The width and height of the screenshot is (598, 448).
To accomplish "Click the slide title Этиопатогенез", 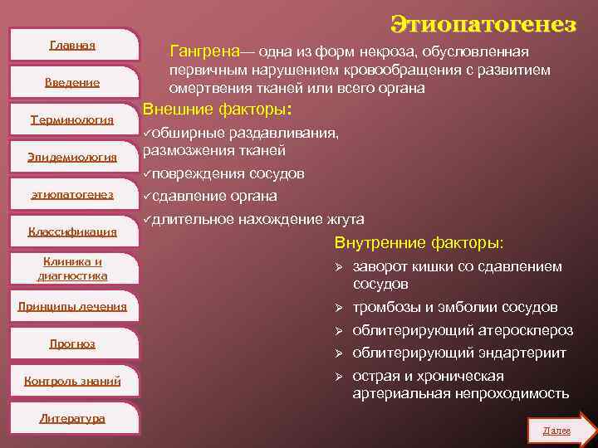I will pyautogui.click(x=483, y=25).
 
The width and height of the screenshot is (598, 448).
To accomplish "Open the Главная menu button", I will pyautogui.click(x=72, y=45).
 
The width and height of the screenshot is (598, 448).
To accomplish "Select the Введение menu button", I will pyautogui.click(x=72, y=82).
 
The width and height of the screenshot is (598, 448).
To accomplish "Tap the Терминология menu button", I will pyautogui.click(x=72, y=119).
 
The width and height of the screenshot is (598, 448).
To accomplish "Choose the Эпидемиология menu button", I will pyautogui.click(x=72, y=157).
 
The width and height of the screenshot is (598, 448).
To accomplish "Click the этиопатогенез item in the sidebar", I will pyautogui.click(x=72, y=195).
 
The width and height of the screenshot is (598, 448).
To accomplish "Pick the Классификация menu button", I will pyautogui.click(x=72, y=232).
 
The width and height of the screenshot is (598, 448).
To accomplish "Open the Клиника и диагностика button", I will pyautogui.click(x=72, y=269).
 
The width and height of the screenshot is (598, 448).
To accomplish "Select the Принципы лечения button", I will pyautogui.click(x=72, y=306).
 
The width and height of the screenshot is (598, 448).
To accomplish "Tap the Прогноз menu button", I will pyautogui.click(x=72, y=343).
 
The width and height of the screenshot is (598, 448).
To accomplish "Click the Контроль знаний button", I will pyautogui.click(x=72, y=381).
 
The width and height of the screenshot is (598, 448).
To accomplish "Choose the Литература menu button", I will pyautogui.click(x=72, y=418).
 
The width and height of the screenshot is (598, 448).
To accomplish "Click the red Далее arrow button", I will pyautogui.click(x=561, y=431).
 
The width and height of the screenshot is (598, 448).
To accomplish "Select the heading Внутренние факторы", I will pyautogui.click(x=418, y=243).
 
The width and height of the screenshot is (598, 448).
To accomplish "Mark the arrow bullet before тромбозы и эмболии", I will pyautogui.click(x=338, y=309).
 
